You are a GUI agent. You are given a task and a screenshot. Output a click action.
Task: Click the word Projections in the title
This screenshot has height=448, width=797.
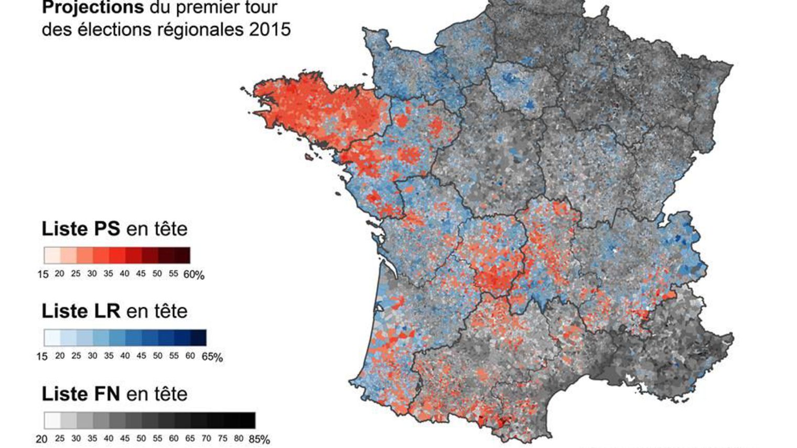[92, 7]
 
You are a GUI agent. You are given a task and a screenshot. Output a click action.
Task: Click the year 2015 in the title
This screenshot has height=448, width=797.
[270, 29]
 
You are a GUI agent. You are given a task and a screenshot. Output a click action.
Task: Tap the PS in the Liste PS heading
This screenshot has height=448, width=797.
[107, 229]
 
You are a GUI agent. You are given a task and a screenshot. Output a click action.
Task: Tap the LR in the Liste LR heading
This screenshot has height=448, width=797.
[107, 311]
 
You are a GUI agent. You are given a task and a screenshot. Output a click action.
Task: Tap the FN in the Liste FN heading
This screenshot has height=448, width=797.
[107, 394]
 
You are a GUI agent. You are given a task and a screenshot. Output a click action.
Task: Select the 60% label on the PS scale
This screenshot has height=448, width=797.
[193, 275]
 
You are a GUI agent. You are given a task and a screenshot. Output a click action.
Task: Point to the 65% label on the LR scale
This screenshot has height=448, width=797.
[212, 357]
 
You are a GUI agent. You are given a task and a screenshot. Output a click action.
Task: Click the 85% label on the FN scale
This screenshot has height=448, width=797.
[259, 440]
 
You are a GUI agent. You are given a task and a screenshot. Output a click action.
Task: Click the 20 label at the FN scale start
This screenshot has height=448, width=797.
[41, 439]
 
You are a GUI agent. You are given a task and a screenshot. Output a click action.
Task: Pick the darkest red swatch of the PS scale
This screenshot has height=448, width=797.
[182, 255]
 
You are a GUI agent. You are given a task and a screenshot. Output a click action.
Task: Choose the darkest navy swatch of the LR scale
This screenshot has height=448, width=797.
[198, 337]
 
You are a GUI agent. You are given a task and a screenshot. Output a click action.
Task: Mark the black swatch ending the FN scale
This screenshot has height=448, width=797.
[247, 420]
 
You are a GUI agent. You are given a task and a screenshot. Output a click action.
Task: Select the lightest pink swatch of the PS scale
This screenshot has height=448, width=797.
[52, 255]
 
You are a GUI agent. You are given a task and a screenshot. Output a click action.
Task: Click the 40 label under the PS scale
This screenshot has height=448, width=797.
[124, 274]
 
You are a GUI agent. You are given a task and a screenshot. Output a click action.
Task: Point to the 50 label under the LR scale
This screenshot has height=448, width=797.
[157, 356]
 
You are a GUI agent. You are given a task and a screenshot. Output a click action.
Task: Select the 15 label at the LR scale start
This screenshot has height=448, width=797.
[42, 356]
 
